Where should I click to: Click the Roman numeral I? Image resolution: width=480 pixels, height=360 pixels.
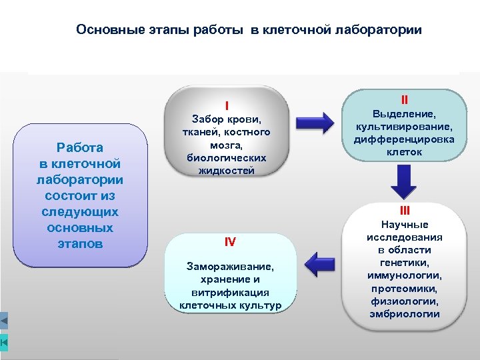click(227, 105)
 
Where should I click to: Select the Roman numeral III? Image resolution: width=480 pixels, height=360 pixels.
click(405, 211)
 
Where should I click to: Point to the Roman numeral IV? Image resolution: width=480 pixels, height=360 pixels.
click(230, 241)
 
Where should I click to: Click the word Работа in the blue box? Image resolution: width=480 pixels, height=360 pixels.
click(80, 147)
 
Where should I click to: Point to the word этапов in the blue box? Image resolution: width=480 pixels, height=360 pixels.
click(80, 243)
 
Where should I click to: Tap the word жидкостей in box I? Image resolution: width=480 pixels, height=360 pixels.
click(227, 170)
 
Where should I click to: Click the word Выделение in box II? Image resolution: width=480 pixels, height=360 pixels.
click(403, 114)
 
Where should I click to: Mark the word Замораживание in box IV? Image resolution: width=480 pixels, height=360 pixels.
click(229, 266)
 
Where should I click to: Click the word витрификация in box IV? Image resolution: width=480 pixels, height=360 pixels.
click(229, 292)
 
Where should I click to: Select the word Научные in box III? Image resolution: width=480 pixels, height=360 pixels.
click(405, 225)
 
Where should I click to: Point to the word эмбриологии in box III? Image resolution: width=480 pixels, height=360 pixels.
click(405, 313)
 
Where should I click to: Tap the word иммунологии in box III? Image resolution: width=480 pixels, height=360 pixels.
click(405, 275)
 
